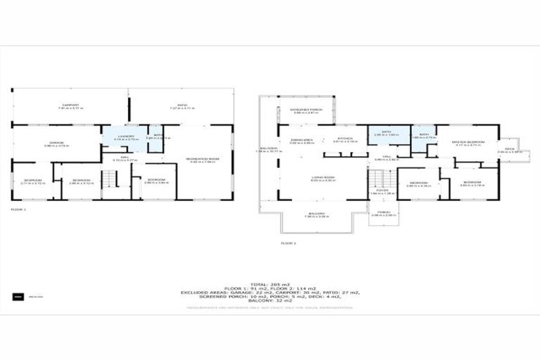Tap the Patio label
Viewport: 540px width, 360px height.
181,106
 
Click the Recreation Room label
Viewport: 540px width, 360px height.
202,160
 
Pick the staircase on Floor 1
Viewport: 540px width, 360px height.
108,180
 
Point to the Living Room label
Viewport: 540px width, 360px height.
323,178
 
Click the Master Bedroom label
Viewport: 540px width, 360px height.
469,143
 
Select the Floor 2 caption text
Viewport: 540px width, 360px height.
288,243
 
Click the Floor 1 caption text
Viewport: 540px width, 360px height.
18,210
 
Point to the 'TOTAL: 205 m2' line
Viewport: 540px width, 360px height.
270,284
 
